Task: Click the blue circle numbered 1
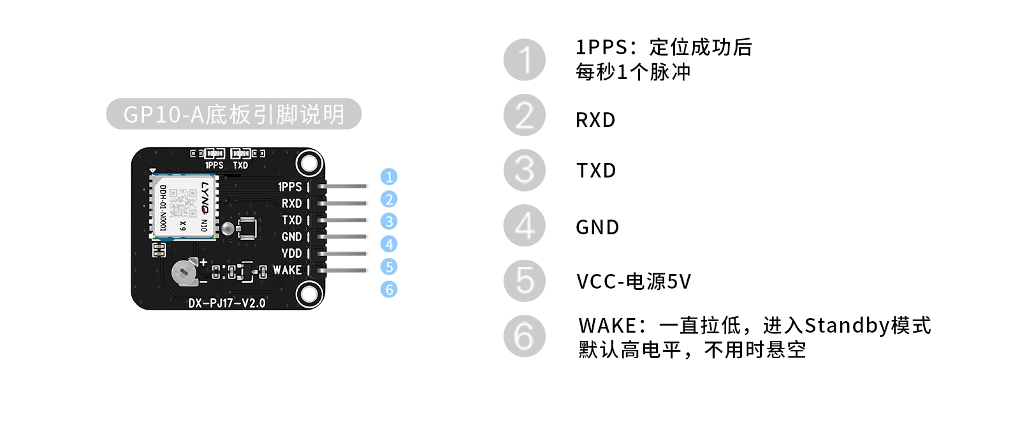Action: coord(388,177)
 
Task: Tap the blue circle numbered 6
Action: coord(388,289)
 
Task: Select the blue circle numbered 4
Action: coord(388,244)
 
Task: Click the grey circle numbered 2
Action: coord(524,116)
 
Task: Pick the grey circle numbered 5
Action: coord(524,281)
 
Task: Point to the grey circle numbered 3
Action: coord(524,170)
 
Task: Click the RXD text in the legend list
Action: coord(595,120)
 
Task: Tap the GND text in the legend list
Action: coord(597,227)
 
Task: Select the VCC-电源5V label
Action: coord(633,282)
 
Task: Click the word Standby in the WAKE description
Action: coord(846,326)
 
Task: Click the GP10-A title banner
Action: coord(233,114)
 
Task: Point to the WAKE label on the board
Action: coord(287,270)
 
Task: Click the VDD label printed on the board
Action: coord(291,253)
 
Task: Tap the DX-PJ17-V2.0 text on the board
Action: coord(226,303)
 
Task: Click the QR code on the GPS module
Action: coord(183,204)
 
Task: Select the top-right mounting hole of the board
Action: coord(309,163)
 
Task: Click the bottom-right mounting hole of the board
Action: coord(309,294)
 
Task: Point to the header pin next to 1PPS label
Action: coord(344,186)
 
